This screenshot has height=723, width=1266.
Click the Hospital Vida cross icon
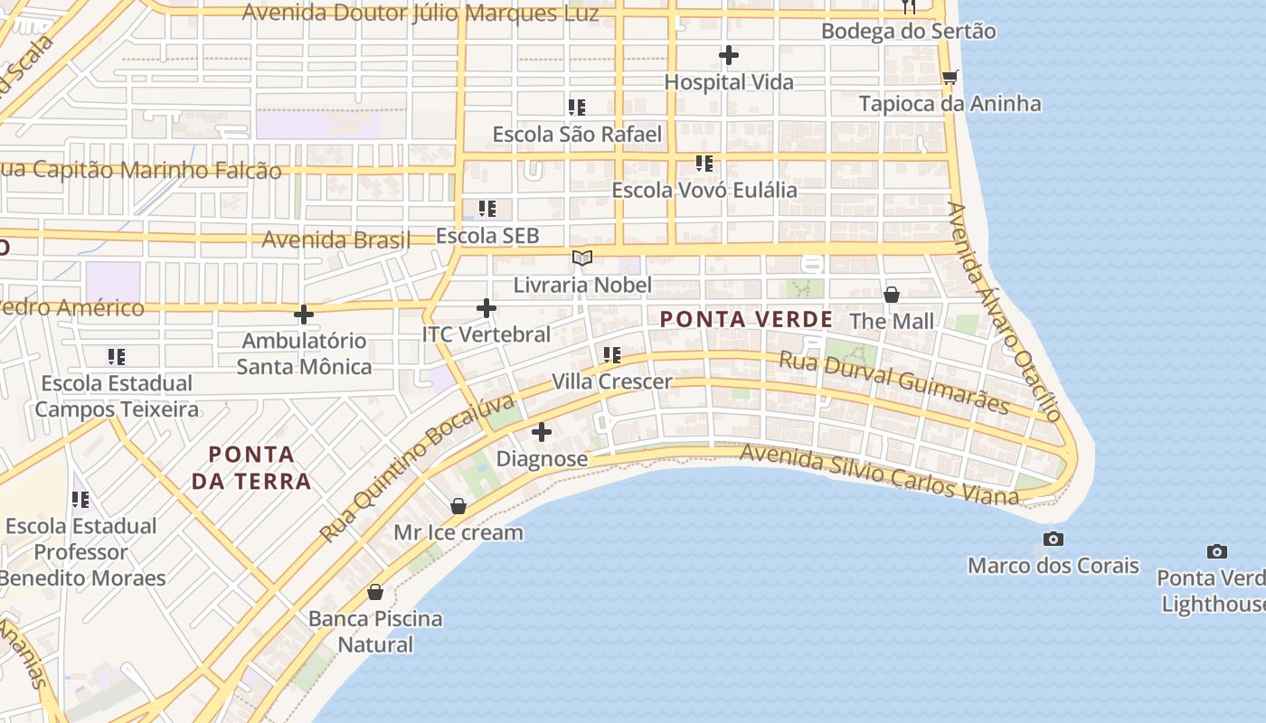(729, 56)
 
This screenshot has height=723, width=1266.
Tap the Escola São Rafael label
(577, 135)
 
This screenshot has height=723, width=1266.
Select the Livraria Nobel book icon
(582, 258)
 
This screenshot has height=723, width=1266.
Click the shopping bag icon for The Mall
(892, 295)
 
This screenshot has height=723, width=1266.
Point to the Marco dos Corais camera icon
(1053, 540)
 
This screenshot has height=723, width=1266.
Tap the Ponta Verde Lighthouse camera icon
(1217, 551)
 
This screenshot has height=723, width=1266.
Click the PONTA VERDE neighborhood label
(746, 319)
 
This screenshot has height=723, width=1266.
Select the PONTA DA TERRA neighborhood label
(251, 467)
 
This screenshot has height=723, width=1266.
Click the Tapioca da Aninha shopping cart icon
(949, 78)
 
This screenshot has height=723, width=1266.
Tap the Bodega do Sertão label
(908, 32)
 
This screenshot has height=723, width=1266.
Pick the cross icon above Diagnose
(542, 432)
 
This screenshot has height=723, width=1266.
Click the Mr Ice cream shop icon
(458, 506)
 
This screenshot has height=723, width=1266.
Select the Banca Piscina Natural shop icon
(375, 593)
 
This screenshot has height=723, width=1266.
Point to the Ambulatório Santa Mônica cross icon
(304, 315)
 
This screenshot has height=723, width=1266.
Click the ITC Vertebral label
(487, 334)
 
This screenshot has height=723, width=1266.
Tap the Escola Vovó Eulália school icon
(704, 164)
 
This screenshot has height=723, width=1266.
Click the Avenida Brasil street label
(335, 240)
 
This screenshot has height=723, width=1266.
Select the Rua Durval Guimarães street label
(893, 383)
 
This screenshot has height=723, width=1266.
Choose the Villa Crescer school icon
(612, 355)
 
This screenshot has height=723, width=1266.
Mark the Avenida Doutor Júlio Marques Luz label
(420, 14)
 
